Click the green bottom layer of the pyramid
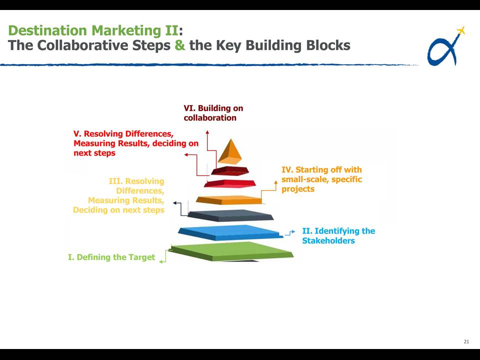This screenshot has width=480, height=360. (x=232, y=251)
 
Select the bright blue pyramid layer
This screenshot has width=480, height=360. (x=230, y=232)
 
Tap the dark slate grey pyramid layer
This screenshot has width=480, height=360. (x=231, y=215)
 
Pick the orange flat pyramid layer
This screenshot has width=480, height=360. (x=229, y=200)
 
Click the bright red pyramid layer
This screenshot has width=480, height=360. (x=229, y=183)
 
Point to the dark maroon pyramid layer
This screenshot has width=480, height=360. (x=230, y=171)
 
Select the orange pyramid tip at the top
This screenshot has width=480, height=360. (x=230, y=151)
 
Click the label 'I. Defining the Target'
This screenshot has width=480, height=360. (x=111, y=257)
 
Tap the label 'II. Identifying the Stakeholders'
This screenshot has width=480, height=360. (x=338, y=235)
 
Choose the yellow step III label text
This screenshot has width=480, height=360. (x=119, y=195)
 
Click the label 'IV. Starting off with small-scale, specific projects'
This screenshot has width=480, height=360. (x=321, y=179)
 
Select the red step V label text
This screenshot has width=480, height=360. (x=136, y=143)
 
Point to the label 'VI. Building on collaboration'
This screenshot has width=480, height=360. (x=213, y=113)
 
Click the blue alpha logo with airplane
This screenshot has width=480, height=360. (x=445, y=46)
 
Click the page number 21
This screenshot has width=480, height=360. (x=466, y=341)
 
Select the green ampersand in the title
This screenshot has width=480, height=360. (x=180, y=45)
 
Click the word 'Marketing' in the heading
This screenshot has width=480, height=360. (x=126, y=30)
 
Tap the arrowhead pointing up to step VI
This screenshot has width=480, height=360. (x=207, y=132)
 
